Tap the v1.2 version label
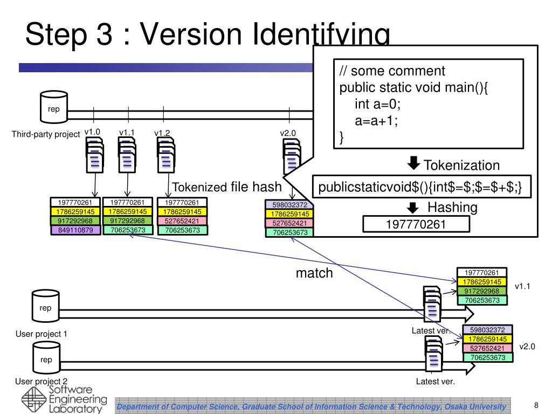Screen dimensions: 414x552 [x=162, y=133]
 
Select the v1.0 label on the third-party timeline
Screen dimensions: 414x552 [x=92, y=132]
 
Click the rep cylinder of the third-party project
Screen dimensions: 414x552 [x=54, y=107]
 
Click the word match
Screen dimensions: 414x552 [x=314, y=273]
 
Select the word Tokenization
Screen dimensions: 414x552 [x=461, y=165]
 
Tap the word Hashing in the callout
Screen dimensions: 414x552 [x=452, y=207]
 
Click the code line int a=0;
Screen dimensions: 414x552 [x=378, y=103]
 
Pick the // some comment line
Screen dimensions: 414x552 [x=392, y=71]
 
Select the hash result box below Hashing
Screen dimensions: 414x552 [x=416, y=224]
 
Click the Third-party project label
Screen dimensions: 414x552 [x=46, y=134]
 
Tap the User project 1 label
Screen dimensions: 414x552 [x=41, y=334]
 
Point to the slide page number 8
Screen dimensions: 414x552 [x=536, y=405]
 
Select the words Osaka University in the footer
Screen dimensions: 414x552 [x=475, y=406]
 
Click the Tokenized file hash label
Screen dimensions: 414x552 [x=226, y=187]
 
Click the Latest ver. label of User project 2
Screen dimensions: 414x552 [x=436, y=382]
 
